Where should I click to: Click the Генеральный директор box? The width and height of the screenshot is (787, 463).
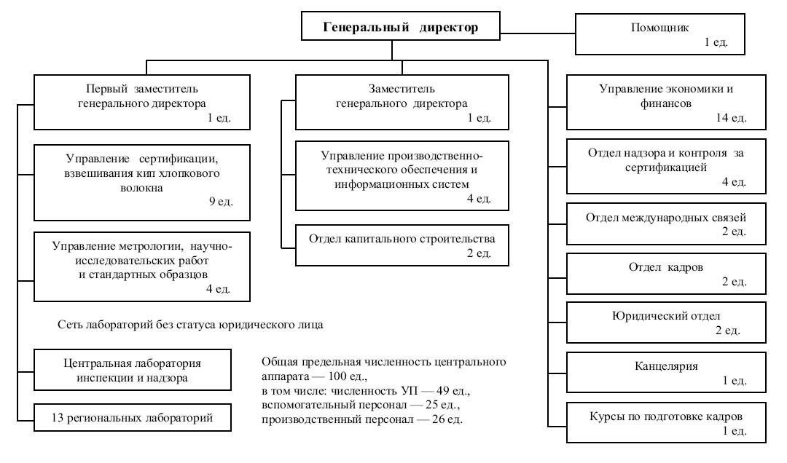pyautogui.click(x=401, y=26)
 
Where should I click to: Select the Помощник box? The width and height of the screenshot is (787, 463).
pyautogui.click(x=660, y=34)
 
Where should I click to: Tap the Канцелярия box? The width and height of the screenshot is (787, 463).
pyautogui.click(x=667, y=372)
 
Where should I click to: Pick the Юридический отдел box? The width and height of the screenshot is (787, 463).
pyautogui.click(x=667, y=322)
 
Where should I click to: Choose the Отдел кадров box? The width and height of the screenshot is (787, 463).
pyautogui.click(x=667, y=274)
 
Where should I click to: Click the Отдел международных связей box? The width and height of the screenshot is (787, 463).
pyautogui.click(x=667, y=223)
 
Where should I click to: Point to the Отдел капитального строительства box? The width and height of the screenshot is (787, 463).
pyautogui.click(x=402, y=245)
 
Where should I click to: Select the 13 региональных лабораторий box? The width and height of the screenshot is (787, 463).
pyautogui.click(x=133, y=417)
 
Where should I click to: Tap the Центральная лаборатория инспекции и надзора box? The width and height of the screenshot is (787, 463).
pyautogui.click(x=133, y=371)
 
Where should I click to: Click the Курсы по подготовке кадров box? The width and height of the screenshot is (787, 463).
pyautogui.click(x=667, y=422)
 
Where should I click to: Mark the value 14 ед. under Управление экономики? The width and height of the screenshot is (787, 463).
pyautogui.click(x=732, y=118)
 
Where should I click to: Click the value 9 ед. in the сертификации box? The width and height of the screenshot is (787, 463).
pyautogui.click(x=222, y=202)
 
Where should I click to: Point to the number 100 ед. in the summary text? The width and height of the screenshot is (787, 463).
pyautogui.click(x=348, y=376)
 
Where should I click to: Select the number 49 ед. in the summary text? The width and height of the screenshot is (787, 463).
pyautogui.click(x=453, y=391)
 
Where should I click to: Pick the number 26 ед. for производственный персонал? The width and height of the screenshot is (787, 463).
pyautogui.click(x=447, y=419)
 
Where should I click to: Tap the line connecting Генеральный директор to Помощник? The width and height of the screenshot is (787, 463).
pyautogui.click(x=538, y=33)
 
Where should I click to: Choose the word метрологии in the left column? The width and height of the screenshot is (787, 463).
pyautogui.click(x=146, y=246)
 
